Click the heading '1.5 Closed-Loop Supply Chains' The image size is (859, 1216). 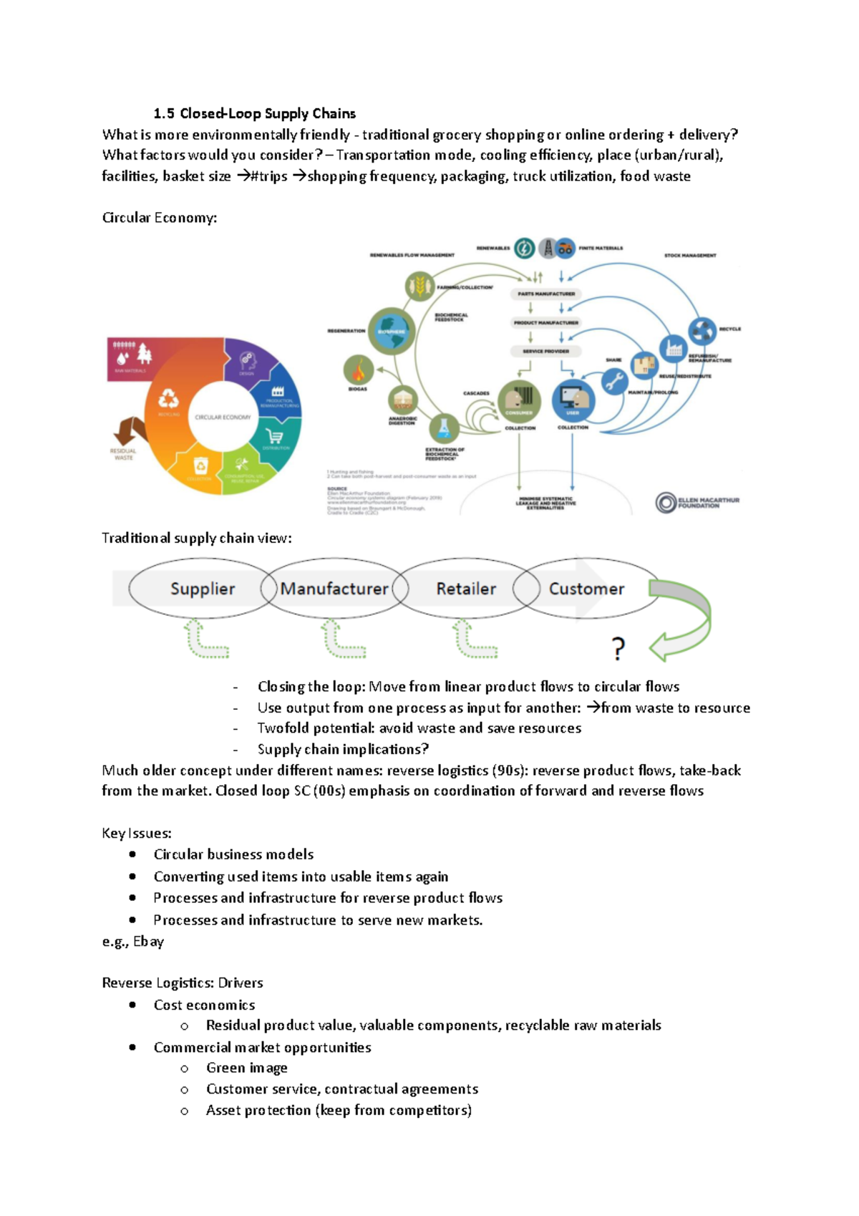pos(254,113)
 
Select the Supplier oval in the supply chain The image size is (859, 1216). pos(202,589)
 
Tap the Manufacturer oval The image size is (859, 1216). pos(334,589)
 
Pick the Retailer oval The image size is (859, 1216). pos(466,589)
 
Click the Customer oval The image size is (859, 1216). pos(586,589)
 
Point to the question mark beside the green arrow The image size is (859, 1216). pos(618,649)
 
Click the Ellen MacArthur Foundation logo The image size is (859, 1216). pos(697,503)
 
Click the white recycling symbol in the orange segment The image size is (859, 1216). pos(168,398)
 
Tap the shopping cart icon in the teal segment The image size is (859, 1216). pos(273,436)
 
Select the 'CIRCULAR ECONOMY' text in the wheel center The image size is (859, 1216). pos(223,417)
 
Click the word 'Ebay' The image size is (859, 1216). pos(148,941)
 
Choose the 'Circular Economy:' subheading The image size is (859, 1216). pos(159,218)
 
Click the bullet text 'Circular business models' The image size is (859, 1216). pos(233,854)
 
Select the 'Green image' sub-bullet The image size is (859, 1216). pos(246,1068)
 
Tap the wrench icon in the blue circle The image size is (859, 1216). pos(613,382)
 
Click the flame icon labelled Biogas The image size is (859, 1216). pos(358,370)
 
